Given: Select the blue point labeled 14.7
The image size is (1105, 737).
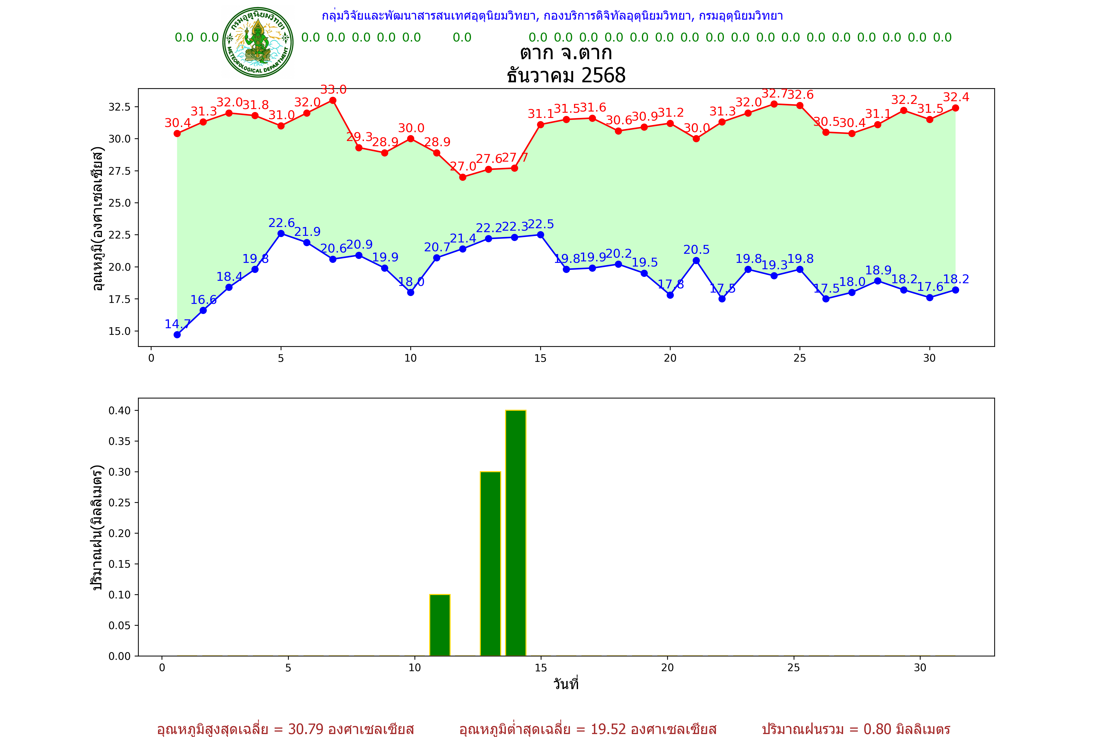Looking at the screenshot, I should click(x=177, y=335).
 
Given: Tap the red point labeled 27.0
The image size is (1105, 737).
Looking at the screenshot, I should click(x=463, y=177).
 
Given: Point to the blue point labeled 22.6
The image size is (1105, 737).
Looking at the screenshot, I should click(x=281, y=234).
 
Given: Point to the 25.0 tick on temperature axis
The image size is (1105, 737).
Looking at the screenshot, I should click(x=120, y=203).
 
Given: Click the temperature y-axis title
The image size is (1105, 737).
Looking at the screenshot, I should click(x=97, y=219).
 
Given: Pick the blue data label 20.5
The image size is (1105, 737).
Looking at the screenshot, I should click(x=696, y=250).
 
